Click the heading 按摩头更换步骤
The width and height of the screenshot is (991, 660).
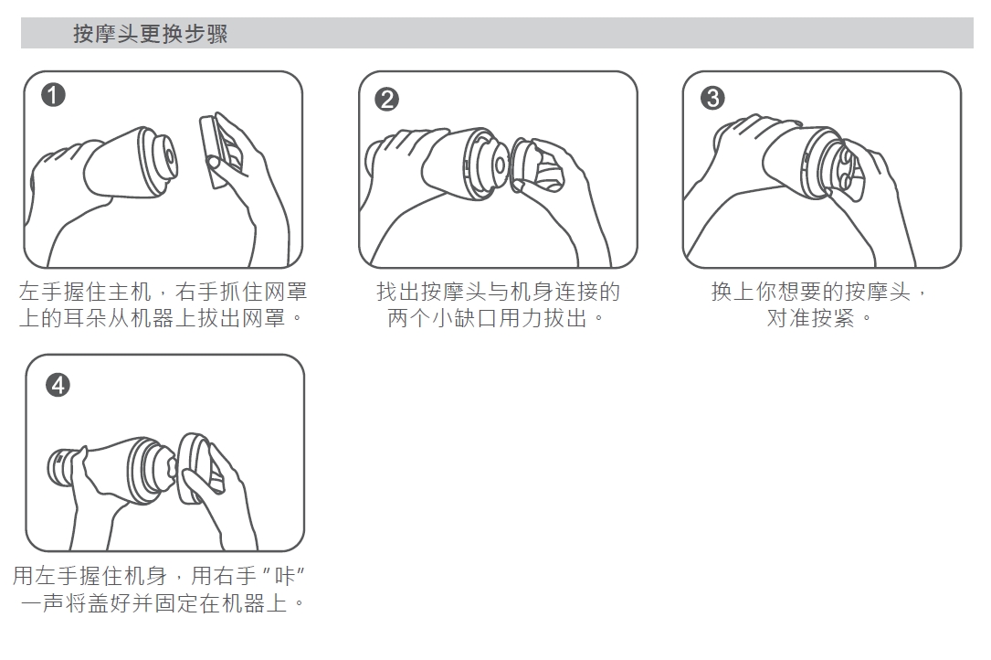tap(151, 34)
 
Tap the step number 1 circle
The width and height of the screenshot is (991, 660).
tap(53, 95)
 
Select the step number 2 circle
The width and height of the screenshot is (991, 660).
tap(386, 100)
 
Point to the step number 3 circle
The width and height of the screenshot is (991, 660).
tap(712, 98)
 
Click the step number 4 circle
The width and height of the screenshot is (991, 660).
tap(58, 385)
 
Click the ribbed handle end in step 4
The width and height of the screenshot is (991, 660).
tap(59, 468)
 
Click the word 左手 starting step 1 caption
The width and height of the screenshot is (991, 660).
tap(42, 292)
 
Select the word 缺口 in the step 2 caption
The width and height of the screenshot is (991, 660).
tap(476, 318)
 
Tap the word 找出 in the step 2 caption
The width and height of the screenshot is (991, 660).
tap(399, 292)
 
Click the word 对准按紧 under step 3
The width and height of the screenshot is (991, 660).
tap(810, 318)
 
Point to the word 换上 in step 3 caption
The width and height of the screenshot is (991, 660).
tap(733, 292)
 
